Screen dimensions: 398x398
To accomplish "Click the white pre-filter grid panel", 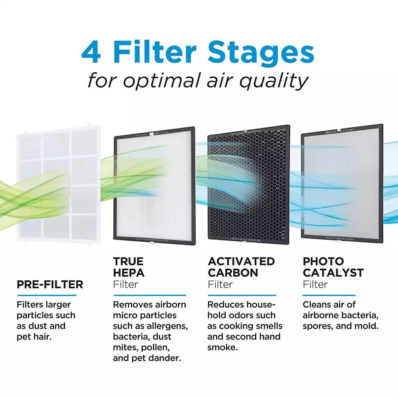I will (x=57, y=183).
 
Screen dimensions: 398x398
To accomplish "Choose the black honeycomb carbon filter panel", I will (x=249, y=187).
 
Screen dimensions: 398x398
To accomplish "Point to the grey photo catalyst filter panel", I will (x=342, y=187).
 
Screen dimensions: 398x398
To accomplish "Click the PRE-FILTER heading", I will (x=50, y=285).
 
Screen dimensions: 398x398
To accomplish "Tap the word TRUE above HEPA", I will (x=128, y=261).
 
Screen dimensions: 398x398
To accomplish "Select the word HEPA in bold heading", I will (x=129, y=273).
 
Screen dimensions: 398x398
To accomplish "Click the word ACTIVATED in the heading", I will (x=241, y=261).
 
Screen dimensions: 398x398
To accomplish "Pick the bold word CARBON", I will (x=233, y=273).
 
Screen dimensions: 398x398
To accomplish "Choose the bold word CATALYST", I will (x=333, y=273).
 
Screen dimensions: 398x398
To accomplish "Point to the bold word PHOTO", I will (x=323, y=261).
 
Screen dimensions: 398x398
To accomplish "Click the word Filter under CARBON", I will (x=220, y=285).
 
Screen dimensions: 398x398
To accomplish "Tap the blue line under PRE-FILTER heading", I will (x=47, y=295).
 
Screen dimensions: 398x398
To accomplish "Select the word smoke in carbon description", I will (x=221, y=347).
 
